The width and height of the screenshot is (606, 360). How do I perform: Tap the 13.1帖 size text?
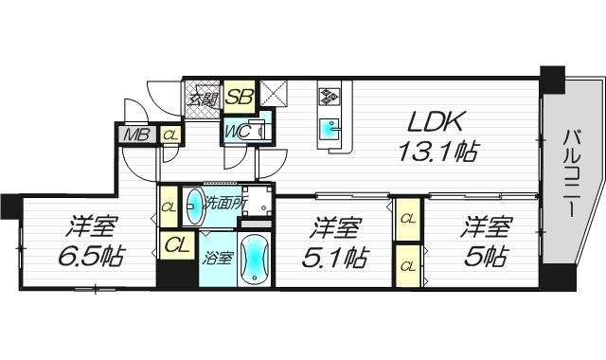[437, 151]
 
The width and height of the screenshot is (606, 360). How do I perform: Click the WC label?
[237, 132]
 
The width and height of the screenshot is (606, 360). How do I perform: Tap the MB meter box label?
[136, 135]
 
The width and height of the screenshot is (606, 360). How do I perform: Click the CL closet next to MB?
[170, 135]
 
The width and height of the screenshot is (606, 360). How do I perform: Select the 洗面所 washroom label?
[228, 201]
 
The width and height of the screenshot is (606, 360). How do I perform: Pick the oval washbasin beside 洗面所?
[193, 203]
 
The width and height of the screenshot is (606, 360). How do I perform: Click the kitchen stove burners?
[331, 97]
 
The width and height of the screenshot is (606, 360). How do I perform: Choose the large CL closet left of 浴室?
[176, 245]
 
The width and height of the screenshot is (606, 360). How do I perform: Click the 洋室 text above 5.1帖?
[338, 227]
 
